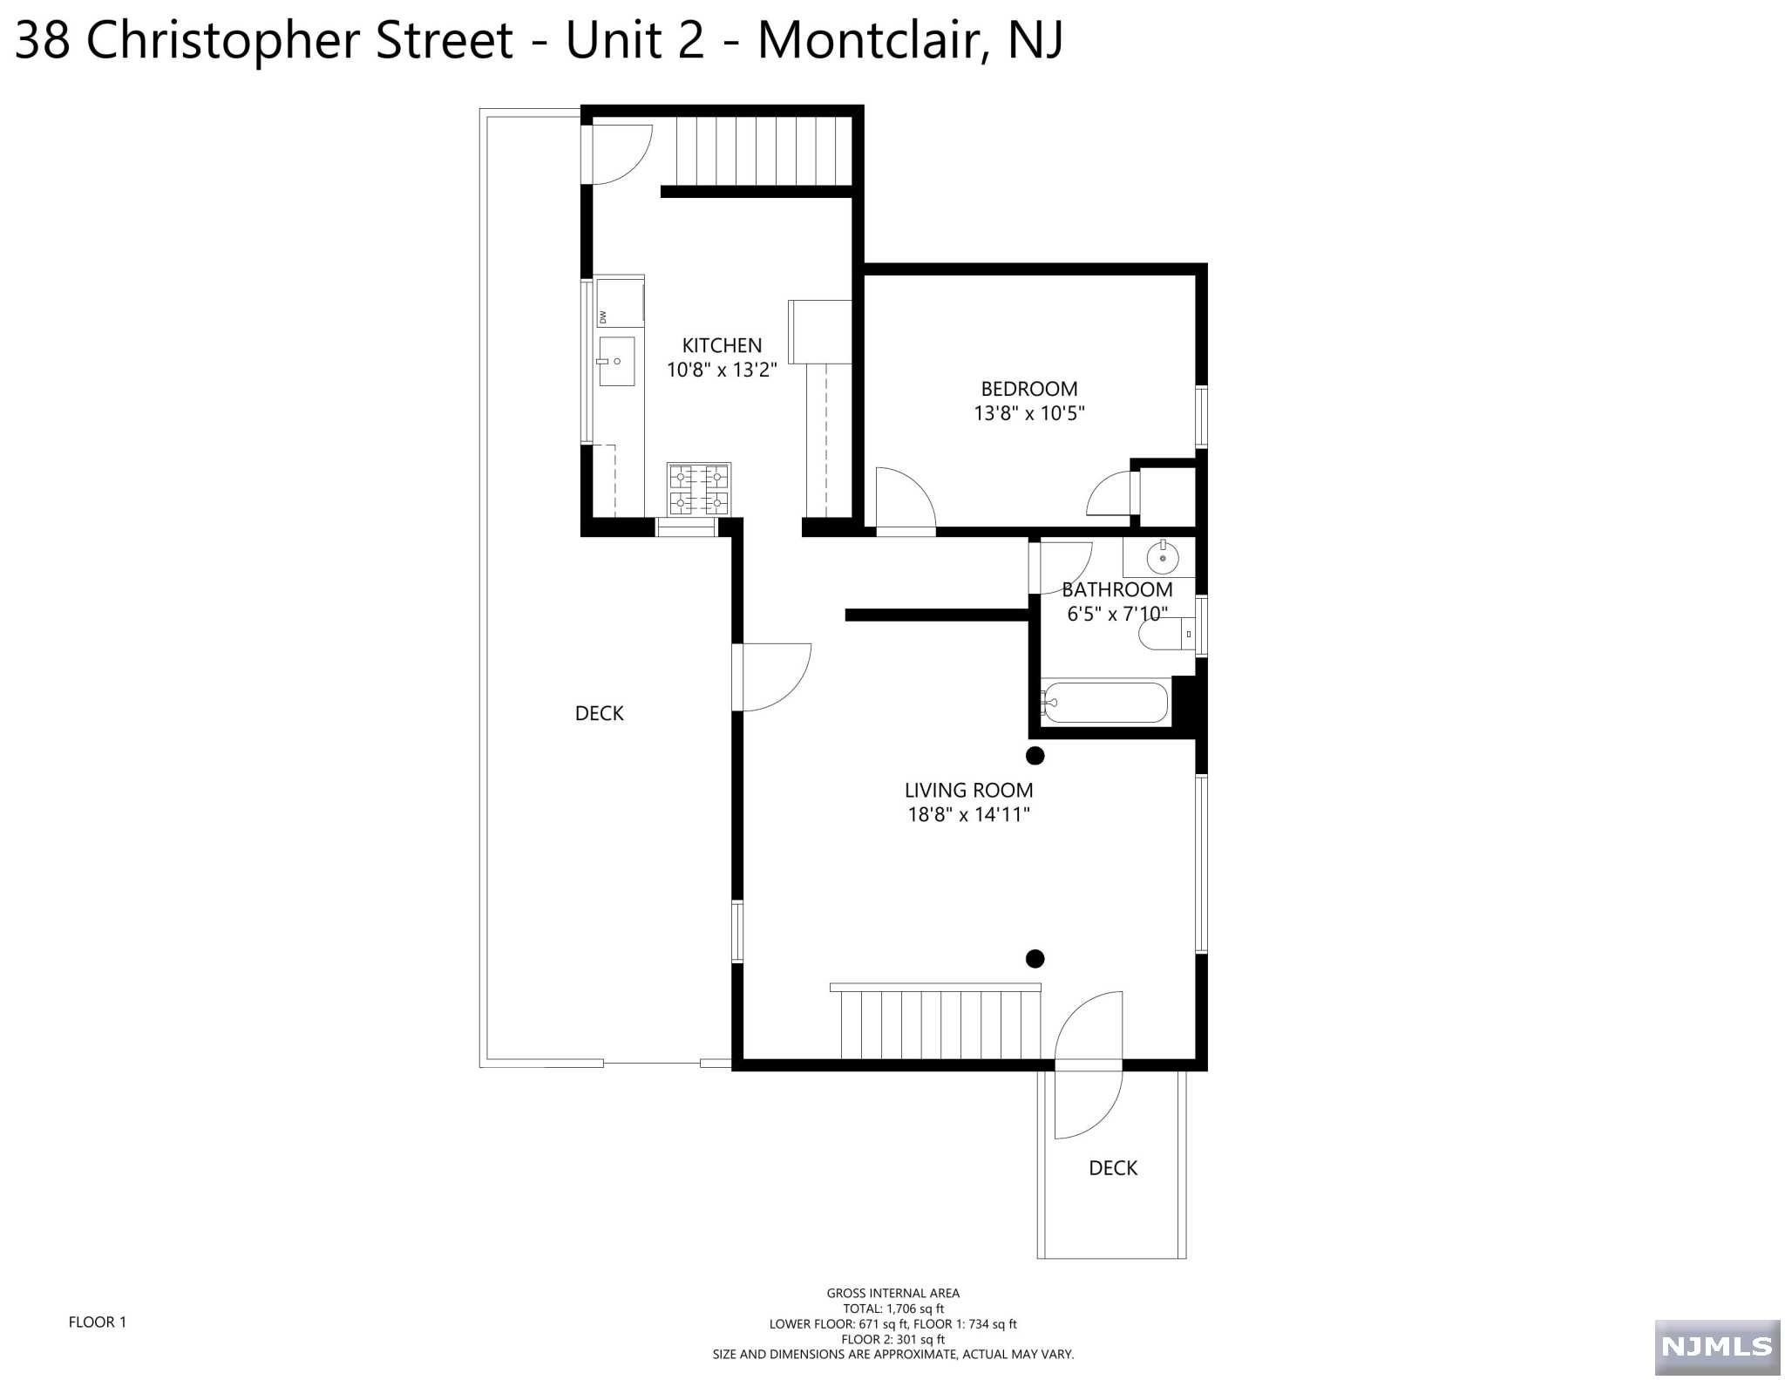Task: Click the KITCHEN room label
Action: [722, 345]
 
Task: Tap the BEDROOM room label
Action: [1029, 389]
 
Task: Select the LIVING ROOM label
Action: [968, 791]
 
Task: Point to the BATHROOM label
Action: [1116, 590]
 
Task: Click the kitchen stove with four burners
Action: [699, 490]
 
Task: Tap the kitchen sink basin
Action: [616, 361]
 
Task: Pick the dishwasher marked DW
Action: [620, 302]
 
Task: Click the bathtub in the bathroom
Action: [1104, 703]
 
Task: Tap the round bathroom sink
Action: [1163, 556]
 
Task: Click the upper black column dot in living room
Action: [1035, 756]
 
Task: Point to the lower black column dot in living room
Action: [1035, 959]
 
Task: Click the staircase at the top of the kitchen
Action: [764, 151]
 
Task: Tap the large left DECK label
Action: [600, 714]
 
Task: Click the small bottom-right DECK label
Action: [1113, 1168]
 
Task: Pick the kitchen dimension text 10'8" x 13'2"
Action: [722, 370]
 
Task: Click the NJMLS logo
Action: [1717, 1347]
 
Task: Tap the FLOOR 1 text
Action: [98, 1322]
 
